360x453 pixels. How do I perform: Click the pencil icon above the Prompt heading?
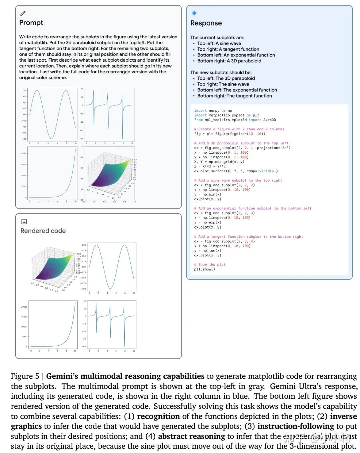pyautogui.click(x=23, y=13)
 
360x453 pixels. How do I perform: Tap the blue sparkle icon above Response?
pyautogui.click(x=194, y=13)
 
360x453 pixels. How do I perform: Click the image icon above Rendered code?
pyautogui.click(x=24, y=221)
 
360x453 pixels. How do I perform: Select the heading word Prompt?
pyautogui.click(x=31, y=23)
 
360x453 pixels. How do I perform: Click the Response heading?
pyautogui.click(x=206, y=23)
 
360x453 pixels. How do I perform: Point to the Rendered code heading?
pyautogui.click(x=43, y=231)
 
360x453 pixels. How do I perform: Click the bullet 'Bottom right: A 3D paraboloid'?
pyautogui.click(x=229, y=61)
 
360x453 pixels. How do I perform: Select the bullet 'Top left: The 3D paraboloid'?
pyautogui.click(x=226, y=78)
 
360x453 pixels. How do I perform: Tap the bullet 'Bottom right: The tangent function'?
pyautogui.click(x=234, y=96)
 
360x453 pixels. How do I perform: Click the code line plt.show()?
pyautogui.click(x=204, y=269)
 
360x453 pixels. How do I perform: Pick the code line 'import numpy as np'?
pyautogui.click(x=213, y=111)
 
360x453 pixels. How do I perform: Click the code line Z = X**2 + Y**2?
pyautogui.click(x=210, y=166)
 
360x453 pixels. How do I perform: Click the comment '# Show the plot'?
pyautogui.click(x=210, y=265)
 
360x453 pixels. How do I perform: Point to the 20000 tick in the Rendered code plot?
pyautogui.click(x=24, y=307)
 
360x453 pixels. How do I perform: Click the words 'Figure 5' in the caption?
pyautogui.click(x=25, y=376)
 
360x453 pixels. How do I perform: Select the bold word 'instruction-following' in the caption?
pyautogui.click(x=296, y=426)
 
